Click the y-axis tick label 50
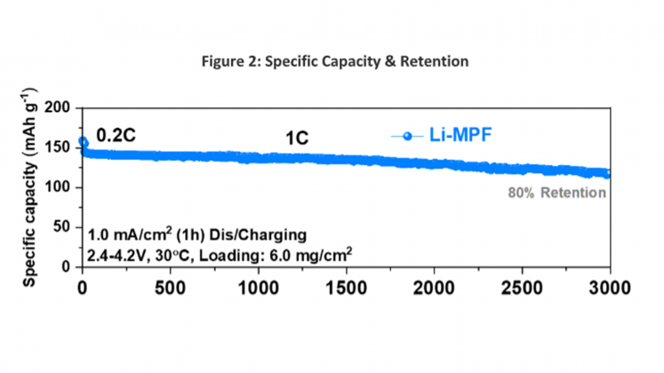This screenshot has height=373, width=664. pyautogui.click(x=61, y=227)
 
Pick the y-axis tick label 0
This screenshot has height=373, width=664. pyautogui.click(x=66, y=266)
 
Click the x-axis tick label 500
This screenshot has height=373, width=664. pyautogui.click(x=170, y=288)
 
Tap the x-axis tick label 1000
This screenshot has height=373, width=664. pyautogui.click(x=258, y=288)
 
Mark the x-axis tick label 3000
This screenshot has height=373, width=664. pyautogui.click(x=610, y=288)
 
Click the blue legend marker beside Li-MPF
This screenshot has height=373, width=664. pyautogui.click(x=407, y=136)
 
